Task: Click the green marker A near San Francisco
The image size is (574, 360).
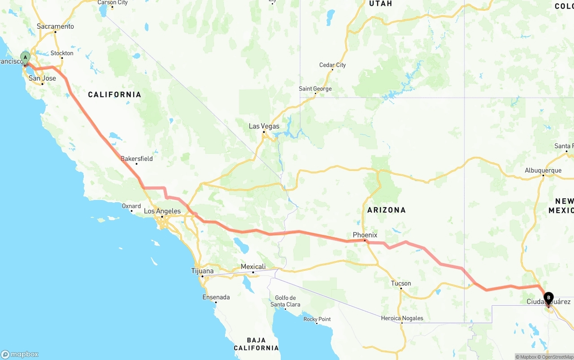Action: coord(26,57)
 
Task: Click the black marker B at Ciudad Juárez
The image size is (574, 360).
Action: coord(548,298)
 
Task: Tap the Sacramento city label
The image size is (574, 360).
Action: coord(55,26)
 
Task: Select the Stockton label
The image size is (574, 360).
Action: coord(62,53)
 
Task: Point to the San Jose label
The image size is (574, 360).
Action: coord(42,78)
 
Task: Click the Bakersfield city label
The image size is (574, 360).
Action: coord(137,159)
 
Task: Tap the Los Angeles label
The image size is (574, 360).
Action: coord(162,211)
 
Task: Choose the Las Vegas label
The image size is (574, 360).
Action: coord(264,126)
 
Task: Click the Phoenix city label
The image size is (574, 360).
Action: coord(365,235)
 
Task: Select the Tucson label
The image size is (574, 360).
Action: coord(401,283)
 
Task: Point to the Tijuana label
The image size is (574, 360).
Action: coord(202,271)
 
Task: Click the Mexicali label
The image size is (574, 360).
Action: coord(253,267)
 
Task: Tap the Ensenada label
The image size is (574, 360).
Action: coord(216,297)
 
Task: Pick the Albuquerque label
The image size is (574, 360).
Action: coord(543,170)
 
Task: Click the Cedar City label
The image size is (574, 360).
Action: coord(332,65)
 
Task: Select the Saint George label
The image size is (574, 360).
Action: coord(315,89)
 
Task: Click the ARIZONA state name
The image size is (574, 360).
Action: coord(386,210)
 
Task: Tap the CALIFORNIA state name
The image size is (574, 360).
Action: coord(114,95)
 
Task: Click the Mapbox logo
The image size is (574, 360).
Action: coord(20,354)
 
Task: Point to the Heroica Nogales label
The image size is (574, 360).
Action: coord(402,318)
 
